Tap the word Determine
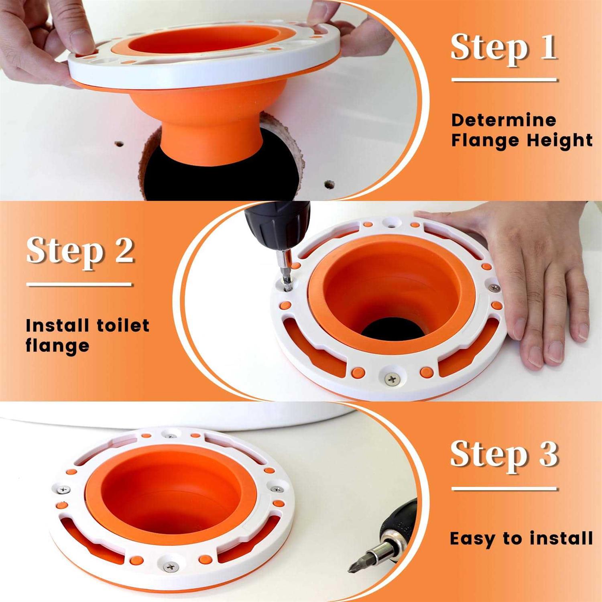[504, 120]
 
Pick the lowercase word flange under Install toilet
[57, 346]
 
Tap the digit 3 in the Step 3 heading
[548, 454]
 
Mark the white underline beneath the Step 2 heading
[79, 285]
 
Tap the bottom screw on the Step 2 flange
[392, 378]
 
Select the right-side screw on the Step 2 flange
[495, 287]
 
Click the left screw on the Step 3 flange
[63, 490]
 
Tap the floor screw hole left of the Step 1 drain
[118, 143]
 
